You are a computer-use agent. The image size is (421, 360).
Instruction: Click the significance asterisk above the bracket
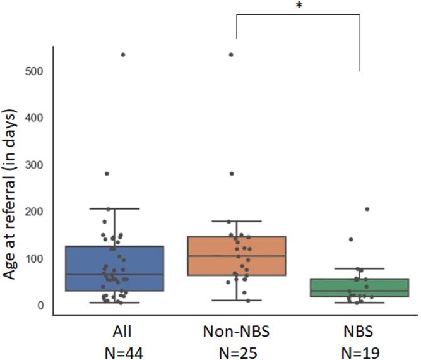pyautogui.click(x=297, y=7)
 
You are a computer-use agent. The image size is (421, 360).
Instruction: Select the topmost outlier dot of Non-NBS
pyautogui.click(x=231, y=55)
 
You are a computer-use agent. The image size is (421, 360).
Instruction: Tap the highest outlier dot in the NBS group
pyautogui.click(x=367, y=209)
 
